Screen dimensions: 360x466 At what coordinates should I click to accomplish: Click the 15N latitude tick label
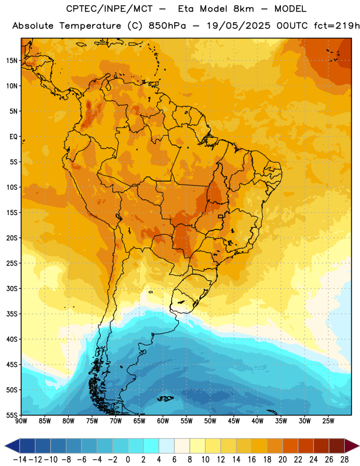pos(12,61)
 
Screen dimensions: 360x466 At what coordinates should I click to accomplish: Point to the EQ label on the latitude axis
pos(13,137)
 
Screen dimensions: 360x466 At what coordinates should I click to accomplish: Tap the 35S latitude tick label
pos(12,314)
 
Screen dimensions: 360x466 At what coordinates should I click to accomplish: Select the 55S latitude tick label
pos(12,415)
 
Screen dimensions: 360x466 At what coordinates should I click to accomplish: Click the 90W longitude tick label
pos(21,421)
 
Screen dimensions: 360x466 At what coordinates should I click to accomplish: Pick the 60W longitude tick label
pos(163,421)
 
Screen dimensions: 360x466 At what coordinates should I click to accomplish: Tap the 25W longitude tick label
pos(328,421)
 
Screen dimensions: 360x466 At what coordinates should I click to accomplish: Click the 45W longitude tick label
pos(234,421)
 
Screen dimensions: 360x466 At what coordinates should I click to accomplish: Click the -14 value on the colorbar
pos(20,460)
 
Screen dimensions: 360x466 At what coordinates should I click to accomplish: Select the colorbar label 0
pos(128,460)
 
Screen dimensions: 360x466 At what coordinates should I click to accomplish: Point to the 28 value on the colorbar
pos(344,460)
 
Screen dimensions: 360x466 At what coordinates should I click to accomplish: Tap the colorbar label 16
pos(252,460)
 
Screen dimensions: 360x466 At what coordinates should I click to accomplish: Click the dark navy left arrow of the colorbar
pos(12,446)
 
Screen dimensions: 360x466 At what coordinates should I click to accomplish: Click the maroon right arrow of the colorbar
pos(352,446)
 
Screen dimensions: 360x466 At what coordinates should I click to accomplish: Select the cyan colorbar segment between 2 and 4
pos(151,446)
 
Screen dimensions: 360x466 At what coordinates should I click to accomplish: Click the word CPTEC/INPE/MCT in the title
pos(110,9)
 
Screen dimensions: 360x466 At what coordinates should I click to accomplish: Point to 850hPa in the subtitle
pos(167,26)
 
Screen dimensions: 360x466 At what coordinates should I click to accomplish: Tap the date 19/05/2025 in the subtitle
pos(239,26)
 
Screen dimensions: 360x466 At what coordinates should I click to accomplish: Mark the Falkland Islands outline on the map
pos(165,398)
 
